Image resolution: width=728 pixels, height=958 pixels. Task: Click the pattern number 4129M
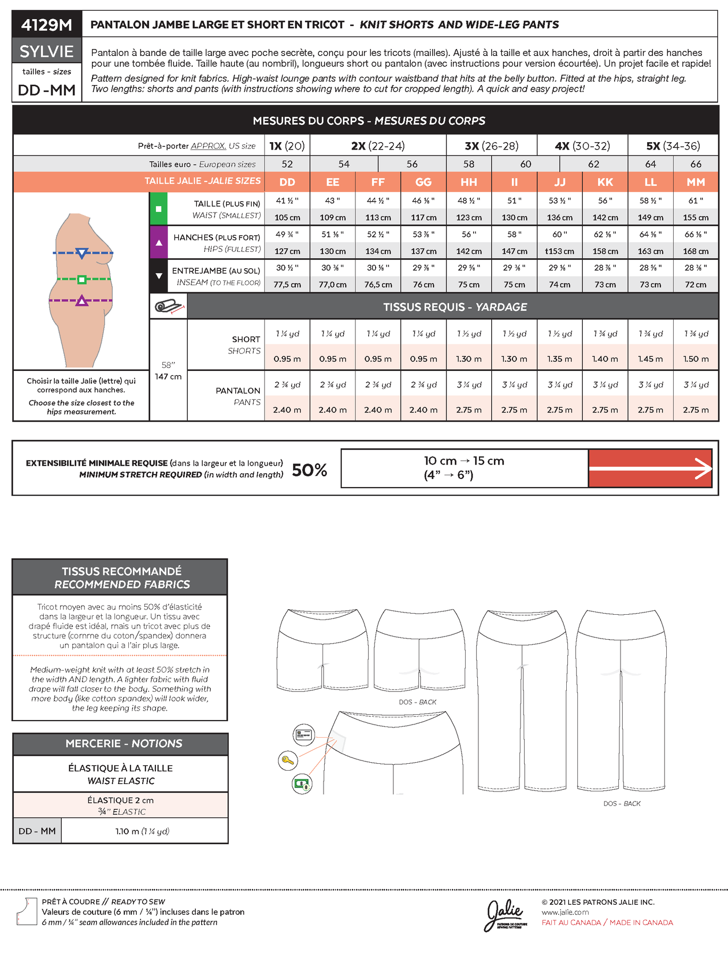point(47,24)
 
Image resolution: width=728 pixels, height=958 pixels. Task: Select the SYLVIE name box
point(47,51)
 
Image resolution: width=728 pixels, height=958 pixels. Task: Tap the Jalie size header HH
point(469,182)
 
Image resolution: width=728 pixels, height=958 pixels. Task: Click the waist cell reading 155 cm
point(696,217)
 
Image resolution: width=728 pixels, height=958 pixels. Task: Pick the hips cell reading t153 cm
point(560,251)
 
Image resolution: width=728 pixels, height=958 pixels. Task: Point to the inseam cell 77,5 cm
point(287,284)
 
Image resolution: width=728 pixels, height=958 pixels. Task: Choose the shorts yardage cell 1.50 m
point(696,359)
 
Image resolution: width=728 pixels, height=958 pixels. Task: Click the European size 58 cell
point(469,164)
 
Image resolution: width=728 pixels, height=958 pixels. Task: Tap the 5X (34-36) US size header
point(673,146)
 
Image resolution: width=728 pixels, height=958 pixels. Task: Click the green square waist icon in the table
point(159,209)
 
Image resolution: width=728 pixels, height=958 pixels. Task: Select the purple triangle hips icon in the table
point(159,243)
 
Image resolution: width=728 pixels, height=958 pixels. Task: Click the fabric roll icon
point(169,307)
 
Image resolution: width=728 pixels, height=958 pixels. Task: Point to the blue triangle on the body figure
point(81,253)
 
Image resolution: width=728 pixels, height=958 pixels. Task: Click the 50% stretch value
point(309,469)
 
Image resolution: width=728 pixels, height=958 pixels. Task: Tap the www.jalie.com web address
point(565,912)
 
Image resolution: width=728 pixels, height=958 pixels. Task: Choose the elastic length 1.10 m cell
point(142,831)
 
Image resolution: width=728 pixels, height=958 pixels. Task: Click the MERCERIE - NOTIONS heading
point(123,744)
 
